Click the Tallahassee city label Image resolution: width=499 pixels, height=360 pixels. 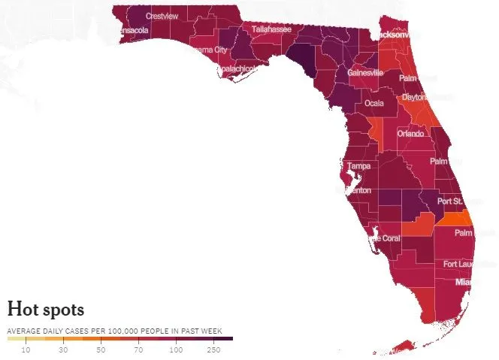click(272, 29)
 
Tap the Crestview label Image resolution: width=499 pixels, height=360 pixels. click(161, 15)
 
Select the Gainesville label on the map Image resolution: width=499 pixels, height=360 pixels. click(365, 73)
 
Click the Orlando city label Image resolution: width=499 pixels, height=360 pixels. click(411, 134)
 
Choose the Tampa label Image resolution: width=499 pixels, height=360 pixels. click(357, 166)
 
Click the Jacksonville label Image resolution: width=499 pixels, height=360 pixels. click(401, 35)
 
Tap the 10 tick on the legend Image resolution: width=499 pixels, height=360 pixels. click(26, 349)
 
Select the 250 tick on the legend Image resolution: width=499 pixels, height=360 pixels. click(214, 349)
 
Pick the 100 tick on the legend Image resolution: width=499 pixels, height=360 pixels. click(177, 349)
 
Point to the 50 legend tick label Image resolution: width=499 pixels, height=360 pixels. click(101, 349)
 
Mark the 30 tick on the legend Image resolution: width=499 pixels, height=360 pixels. click(64, 349)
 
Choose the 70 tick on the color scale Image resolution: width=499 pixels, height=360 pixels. click(139, 349)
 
